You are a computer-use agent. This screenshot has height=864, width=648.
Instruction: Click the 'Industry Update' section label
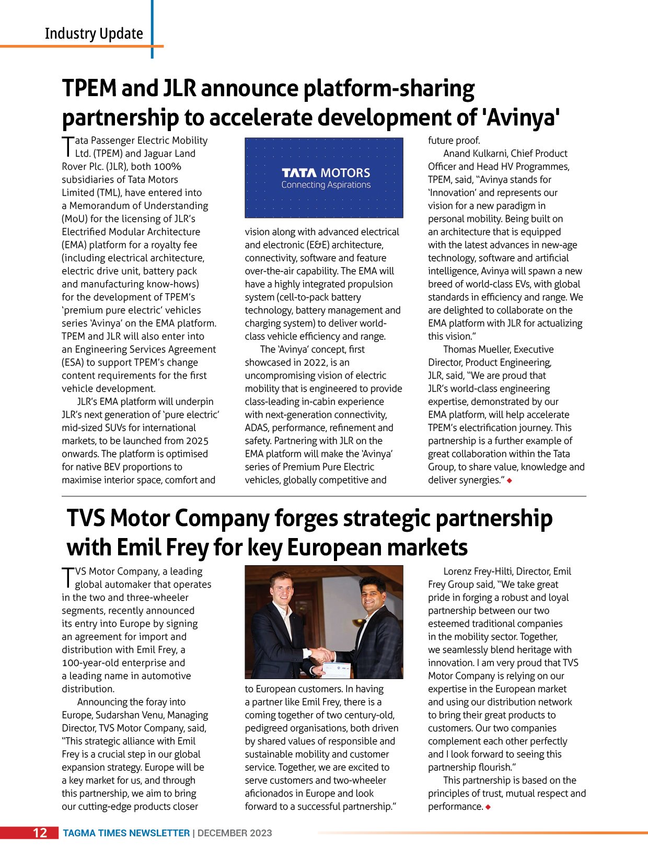(94, 33)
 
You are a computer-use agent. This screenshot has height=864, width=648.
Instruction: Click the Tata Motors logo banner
(324, 178)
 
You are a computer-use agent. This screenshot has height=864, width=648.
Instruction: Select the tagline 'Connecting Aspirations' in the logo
(326, 185)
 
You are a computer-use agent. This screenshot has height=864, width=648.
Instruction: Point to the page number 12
(40, 833)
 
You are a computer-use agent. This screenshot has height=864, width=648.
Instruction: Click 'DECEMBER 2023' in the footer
(235, 833)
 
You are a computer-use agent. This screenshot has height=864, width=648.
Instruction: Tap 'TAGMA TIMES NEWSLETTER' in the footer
(126, 833)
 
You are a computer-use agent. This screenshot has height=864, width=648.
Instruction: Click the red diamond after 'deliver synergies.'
(509, 481)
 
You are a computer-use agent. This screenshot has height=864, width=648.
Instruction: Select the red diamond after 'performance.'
(488, 807)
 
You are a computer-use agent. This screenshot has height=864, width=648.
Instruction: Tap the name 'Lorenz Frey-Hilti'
(482, 571)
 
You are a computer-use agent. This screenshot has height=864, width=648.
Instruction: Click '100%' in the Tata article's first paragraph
(167, 167)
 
